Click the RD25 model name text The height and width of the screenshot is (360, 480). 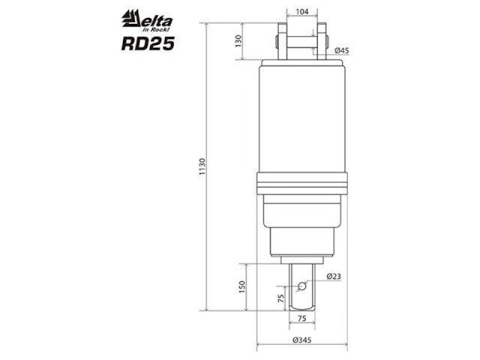148,43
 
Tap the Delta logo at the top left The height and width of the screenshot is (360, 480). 147,20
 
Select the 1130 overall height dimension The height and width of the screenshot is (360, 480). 202,166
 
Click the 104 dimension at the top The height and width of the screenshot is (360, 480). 302,12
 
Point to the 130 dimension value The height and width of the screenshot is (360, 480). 238,41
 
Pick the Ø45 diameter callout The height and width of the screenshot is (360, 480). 342,50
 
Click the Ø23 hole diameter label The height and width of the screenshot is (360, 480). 334,277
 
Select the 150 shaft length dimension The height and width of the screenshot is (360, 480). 241,286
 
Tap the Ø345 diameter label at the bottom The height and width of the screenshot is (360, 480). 302,340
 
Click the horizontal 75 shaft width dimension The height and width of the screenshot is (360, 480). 301,318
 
